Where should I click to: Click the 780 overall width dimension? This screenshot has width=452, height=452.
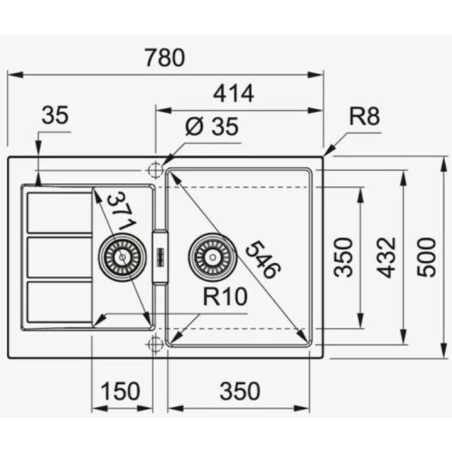tap(165, 58)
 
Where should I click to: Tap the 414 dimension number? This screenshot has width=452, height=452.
tap(233, 93)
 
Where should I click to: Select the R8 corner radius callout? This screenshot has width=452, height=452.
tap(364, 116)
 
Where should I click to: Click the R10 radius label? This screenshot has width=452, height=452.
tap(225, 297)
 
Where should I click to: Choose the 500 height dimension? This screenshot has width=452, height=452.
tap(427, 257)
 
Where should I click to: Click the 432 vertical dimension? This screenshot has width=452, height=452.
tap(387, 258)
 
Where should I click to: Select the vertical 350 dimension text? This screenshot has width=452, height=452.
tap(344, 257)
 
